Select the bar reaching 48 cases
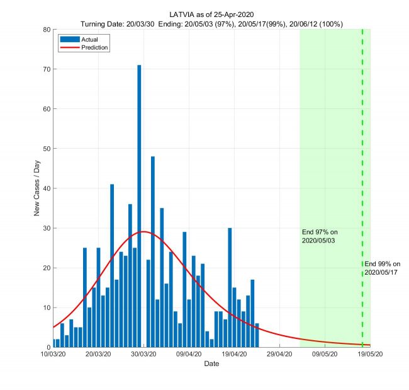tap(153, 252)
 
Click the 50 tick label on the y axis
tap(47, 149)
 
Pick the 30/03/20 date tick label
tap(143, 355)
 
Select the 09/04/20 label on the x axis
tap(189, 355)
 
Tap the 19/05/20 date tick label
tap(369, 355)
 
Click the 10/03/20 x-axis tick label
tap(53, 355)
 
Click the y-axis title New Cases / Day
tap(36, 188)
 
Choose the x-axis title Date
tap(211, 364)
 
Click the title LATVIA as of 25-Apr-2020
tap(211, 14)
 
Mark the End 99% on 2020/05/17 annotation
tap(382, 268)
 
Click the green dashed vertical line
tap(362, 158)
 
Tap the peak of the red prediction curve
tap(144, 232)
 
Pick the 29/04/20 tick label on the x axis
tap(279, 355)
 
